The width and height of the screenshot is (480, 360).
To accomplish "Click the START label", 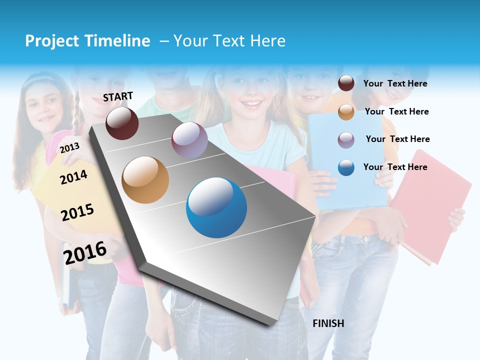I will click(x=118, y=96).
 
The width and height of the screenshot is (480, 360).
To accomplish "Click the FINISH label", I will click(x=328, y=323).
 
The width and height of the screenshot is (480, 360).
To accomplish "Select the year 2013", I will click(x=69, y=147).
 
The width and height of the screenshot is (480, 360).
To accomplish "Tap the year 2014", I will click(x=73, y=177).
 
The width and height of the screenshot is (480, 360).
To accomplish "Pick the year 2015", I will click(x=77, y=212).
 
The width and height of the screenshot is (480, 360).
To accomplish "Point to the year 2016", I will click(x=85, y=252).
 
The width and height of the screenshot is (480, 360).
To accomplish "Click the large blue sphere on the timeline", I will click(x=216, y=207).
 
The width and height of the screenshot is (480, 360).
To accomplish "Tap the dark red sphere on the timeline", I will click(x=122, y=123).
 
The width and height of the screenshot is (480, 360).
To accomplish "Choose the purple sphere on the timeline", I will click(x=189, y=140).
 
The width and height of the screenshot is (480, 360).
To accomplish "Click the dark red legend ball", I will click(x=346, y=83).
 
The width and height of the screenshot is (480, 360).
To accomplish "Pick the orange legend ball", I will click(x=346, y=112).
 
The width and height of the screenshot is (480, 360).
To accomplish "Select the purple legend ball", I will click(x=346, y=140).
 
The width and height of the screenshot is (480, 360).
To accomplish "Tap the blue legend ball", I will click(x=346, y=167).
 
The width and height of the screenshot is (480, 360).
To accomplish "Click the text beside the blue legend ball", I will click(x=395, y=167).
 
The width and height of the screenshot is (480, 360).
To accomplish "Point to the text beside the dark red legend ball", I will click(x=395, y=83).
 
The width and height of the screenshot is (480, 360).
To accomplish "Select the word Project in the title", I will click(x=52, y=41).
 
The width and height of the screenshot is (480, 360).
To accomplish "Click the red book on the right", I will click(x=433, y=205).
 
